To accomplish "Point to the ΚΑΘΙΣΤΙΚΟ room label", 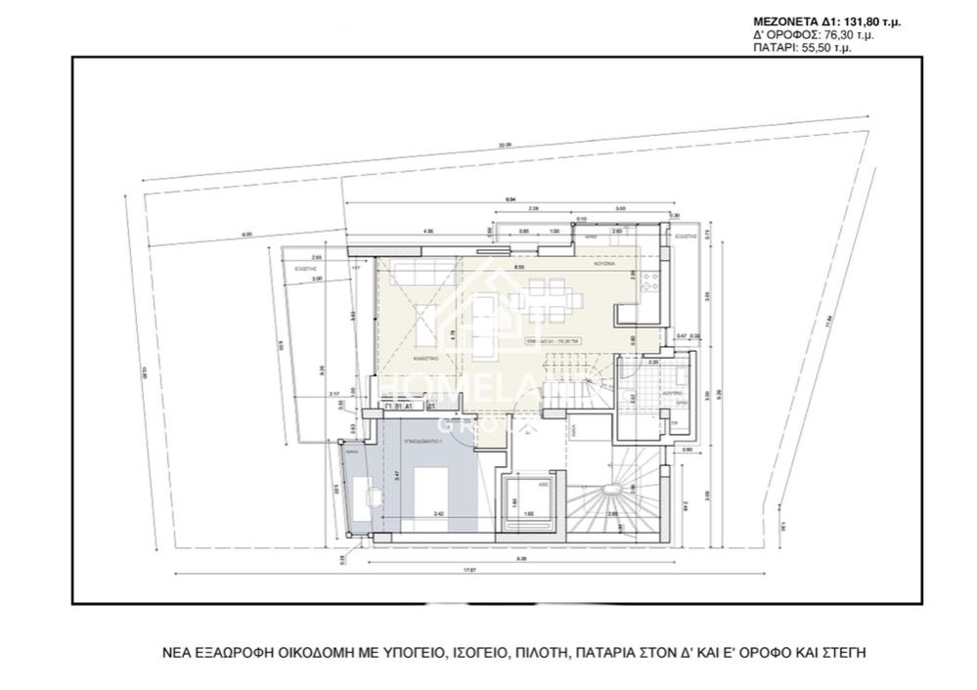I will coord(424,359).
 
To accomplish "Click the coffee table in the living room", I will coord(425,318).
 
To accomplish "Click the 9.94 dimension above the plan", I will coord(511,199).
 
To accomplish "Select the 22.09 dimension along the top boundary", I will coord(505,146).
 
